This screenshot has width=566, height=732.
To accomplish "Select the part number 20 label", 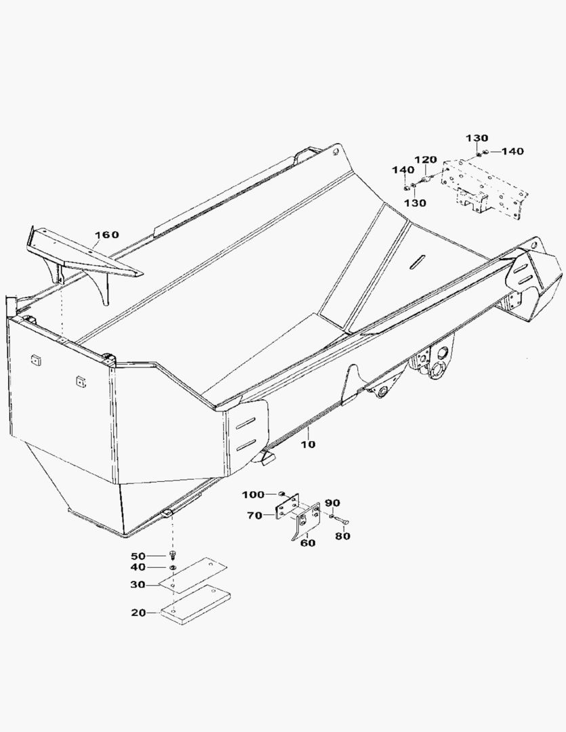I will (x=139, y=613).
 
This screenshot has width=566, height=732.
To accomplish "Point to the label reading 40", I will (x=139, y=567).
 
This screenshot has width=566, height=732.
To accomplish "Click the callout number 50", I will (x=139, y=556).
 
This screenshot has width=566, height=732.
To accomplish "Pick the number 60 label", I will (x=308, y=543).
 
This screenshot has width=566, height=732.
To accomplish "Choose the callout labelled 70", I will (x=255, y=516).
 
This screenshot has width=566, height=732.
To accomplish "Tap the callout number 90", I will (x=332, y=503).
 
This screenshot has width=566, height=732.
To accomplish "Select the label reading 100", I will (x=254, y=494).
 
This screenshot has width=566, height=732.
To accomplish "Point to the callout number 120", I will (x=426, y=160).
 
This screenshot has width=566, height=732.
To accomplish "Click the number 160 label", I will (x=106, y=235).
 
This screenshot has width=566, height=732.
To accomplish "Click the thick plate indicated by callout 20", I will (x=194, y=605).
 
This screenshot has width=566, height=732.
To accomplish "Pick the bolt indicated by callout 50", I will (x=172, y=556).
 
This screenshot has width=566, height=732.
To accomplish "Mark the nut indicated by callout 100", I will (x=281, y=494).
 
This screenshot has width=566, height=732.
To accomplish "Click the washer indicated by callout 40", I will (x=173, y=567).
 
